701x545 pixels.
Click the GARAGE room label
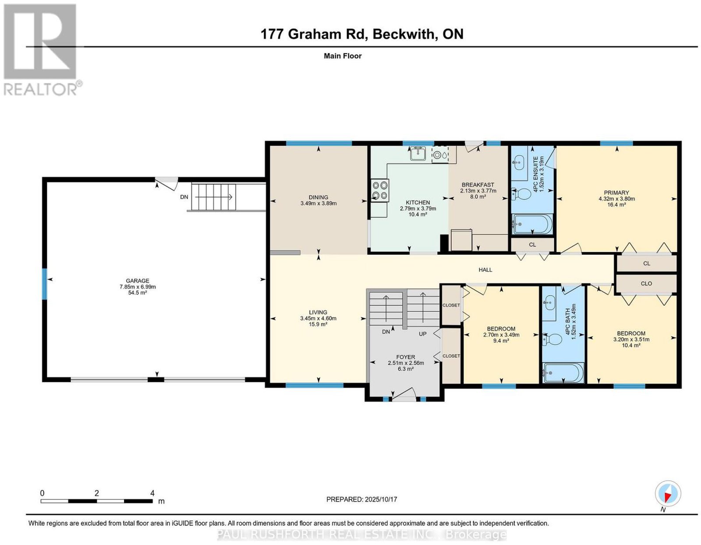click(138, 281)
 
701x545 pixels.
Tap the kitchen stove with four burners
click(380, 190)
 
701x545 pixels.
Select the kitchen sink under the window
click(418, 153)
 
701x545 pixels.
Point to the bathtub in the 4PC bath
click(563, 373)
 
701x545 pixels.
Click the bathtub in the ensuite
click(533, 224)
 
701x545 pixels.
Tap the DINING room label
click(319, 197)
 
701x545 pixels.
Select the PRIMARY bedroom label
click(616, 192)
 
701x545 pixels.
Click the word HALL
click(485, 270)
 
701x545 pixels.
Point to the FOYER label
click(406, 357)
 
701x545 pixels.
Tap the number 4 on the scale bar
click(152, 493)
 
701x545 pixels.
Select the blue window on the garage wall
click(45, 284)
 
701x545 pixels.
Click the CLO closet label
click(646, 284)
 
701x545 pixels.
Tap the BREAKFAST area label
click(478, 185)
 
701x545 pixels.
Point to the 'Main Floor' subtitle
click(343, 56)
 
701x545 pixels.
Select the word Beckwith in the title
click(403, 34)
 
